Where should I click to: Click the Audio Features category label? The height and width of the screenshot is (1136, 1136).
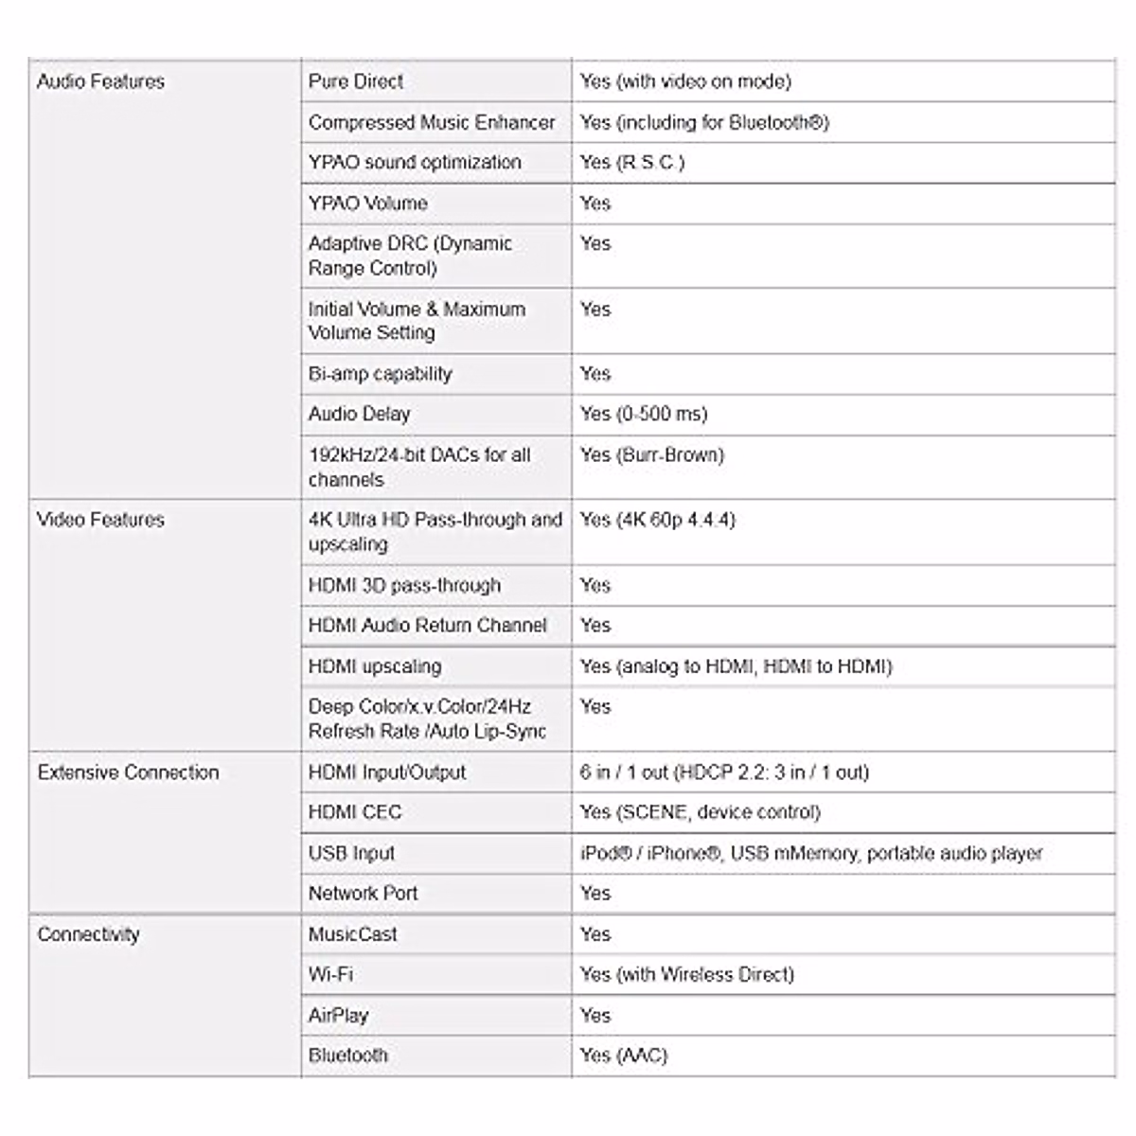100,81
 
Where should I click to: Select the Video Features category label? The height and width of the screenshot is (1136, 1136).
100,520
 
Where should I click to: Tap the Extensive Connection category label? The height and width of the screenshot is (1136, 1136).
128,772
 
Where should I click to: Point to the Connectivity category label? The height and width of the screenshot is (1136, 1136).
88,934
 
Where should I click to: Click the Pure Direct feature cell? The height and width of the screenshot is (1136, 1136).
356,81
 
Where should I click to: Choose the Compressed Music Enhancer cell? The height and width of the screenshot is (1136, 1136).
432,122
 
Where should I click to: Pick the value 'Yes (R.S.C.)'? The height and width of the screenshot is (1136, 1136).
632,162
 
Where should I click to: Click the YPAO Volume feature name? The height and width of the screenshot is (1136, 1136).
367,203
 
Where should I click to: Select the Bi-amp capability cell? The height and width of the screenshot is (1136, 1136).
380,374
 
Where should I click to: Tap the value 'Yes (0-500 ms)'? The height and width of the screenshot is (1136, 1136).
644,414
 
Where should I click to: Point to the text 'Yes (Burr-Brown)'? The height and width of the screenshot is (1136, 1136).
652,454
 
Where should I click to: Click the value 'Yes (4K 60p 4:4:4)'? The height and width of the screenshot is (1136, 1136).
658,520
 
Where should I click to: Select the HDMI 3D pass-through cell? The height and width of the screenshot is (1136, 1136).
404,585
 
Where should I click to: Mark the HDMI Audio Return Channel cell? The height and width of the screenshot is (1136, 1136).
428,626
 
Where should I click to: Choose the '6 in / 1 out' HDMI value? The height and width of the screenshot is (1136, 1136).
724,772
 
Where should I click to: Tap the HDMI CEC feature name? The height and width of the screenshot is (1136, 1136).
355,812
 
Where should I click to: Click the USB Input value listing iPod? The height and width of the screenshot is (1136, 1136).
811,853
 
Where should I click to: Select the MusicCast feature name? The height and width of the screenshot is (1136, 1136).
353,934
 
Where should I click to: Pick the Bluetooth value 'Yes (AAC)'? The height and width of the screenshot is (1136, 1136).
624,1056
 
